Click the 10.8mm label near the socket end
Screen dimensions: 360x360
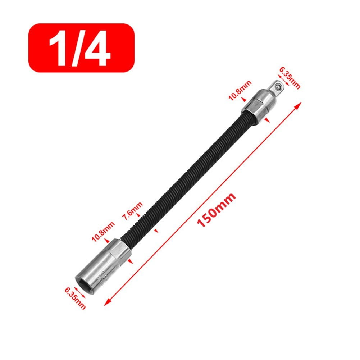point(103,232)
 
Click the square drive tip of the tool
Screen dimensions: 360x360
point(276,87)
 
